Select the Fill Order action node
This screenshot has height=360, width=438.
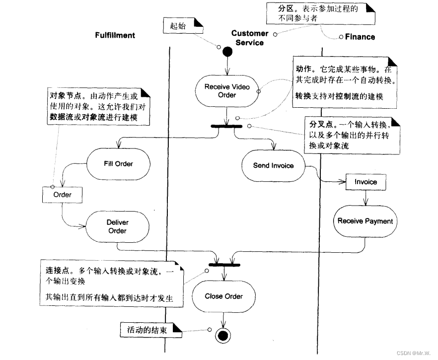click(x=118, y=164)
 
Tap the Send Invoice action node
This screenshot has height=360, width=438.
click(x=273, y=165)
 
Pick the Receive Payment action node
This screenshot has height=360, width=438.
click(x=365, y=221)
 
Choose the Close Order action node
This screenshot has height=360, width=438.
click(x=223, y=296)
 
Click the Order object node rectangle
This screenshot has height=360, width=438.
click(x=63, y=195)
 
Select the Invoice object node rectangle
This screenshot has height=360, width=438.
click(x=365, y=182)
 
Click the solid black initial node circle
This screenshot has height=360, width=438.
click(x=227, y=51)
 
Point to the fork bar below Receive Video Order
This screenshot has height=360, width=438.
click(x=226, y=126)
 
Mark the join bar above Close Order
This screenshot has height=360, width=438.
click(x=224, y=264)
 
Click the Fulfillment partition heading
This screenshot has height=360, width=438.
click(x=115, y=35)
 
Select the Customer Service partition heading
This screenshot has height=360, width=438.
click(x=250, y=38)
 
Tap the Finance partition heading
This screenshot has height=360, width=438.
click(x=360, y=37)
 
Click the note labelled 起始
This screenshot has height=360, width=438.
click(x=181, y=26)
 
